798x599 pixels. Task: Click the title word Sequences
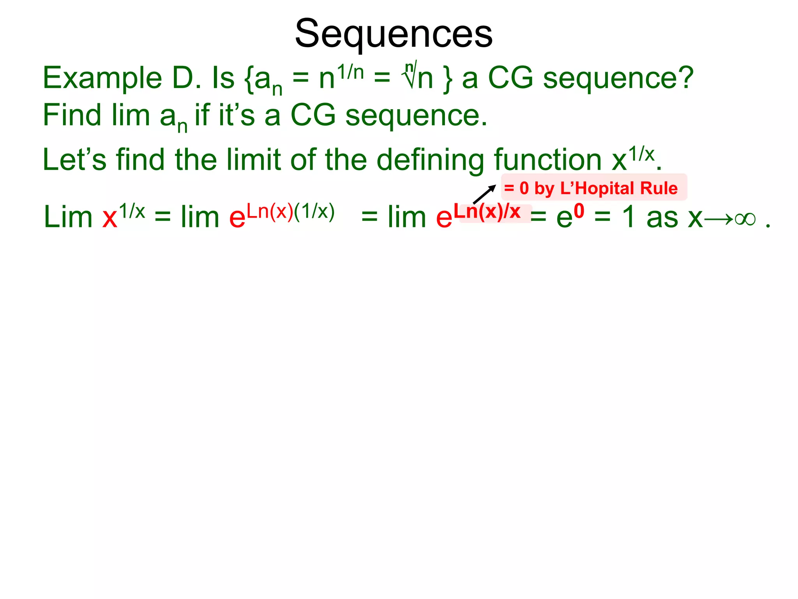[394, 34]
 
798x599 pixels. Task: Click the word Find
[72, 115]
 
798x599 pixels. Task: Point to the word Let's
[74, 160]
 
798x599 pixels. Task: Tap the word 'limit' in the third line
[253, 160]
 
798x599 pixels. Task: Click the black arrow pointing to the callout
[484, 194]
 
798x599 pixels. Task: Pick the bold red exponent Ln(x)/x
[487, 212]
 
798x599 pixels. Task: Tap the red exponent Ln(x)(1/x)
[291, 212]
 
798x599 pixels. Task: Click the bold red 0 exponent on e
[579, 211]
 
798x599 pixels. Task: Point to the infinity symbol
[745, 219]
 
